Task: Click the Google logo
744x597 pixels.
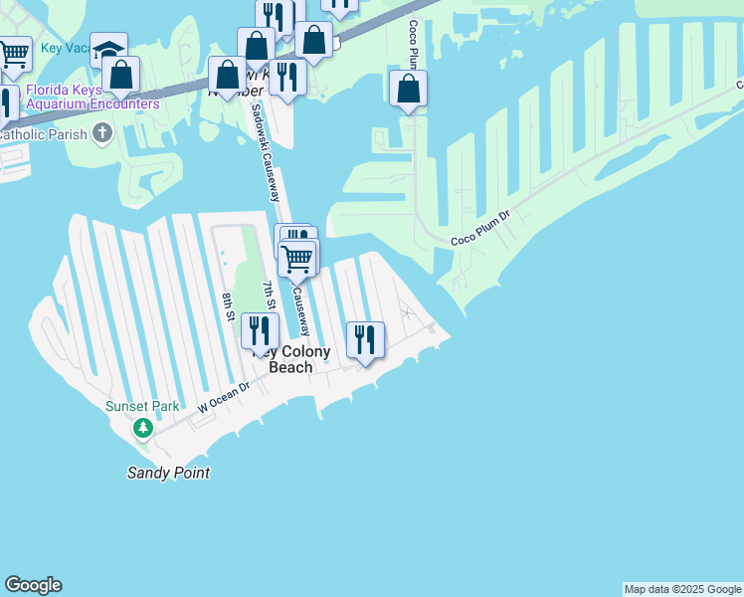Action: click(34, 585)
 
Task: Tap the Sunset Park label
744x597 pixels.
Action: click(143, 406)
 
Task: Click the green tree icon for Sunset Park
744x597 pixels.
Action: click(143, 429)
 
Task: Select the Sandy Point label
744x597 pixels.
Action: click(168, 473)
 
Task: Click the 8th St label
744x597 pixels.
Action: click(228, 306)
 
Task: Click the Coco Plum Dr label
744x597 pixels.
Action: click(479, 228)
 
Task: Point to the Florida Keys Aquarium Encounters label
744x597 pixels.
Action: click(93, 97)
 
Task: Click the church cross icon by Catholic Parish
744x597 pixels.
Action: click(102, 133)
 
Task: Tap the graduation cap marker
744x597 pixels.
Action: click(108, 50)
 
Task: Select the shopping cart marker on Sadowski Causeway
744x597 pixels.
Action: click(297, 260)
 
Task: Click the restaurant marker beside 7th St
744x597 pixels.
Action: click(259, 330)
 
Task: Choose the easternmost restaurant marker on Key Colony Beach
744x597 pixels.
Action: click(365, 340)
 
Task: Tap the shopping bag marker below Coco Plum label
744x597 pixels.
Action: click(408, 88)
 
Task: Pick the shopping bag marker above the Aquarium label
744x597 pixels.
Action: click(120, 75)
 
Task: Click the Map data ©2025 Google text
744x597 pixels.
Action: click(682, 589)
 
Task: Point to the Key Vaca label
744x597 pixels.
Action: click(66, 48)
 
